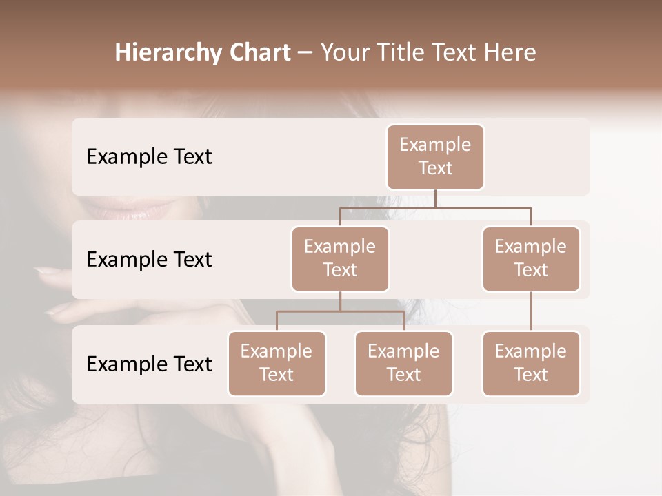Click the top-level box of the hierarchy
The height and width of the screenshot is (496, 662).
click(435, 156)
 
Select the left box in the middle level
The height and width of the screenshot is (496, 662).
click(340, 258)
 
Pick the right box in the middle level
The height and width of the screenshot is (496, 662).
click(531, 258)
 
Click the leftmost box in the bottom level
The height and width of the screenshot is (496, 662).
click(277, 363)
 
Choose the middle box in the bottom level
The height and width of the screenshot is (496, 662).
click(403, 363)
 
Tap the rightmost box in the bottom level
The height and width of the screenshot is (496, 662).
click(531, 363)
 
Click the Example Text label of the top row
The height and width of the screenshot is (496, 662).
click(149, 157)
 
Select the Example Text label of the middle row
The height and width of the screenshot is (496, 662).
click(149, 260)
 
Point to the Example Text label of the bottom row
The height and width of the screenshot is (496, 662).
click(149, 364)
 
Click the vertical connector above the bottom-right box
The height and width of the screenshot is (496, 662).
click(531, 311)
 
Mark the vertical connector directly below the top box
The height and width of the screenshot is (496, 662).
click(435, 198)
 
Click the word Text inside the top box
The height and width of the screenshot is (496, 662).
click(435, 168)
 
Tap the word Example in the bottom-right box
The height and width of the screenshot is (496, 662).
click(531, 351)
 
